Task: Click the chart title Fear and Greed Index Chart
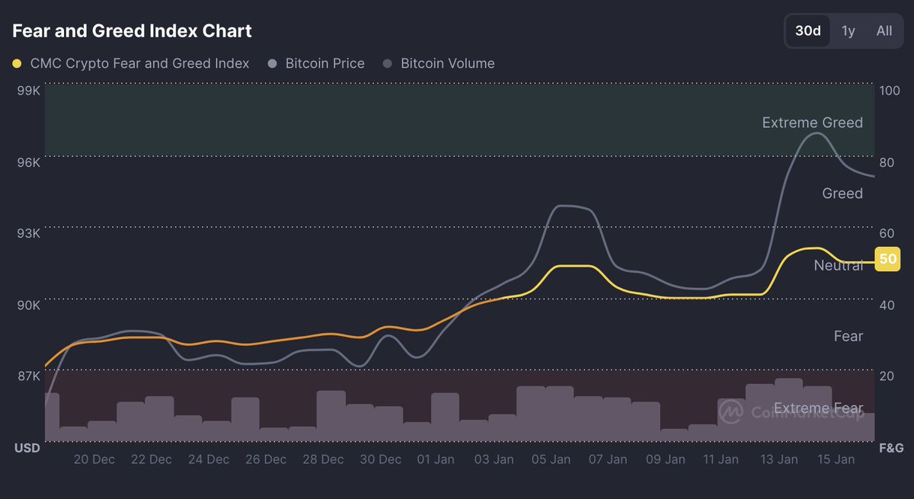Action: (x=132, y=31)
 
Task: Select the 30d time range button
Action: (x=807, y=31)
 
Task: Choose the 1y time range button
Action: (x=848, y=31)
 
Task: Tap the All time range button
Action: (x=884, y=31)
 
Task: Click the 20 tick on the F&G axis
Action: (x=887, y=376)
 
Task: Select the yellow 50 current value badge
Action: (x=888, y=259)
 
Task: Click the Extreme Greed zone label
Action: (x=812, y=123)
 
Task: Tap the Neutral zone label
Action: (x=838, y=265)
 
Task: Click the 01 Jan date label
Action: (x=436, y=459)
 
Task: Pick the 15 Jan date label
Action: (x=835, y=459)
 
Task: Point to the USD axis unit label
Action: (x=27, y=448)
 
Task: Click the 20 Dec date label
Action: (x=94, y=459)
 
